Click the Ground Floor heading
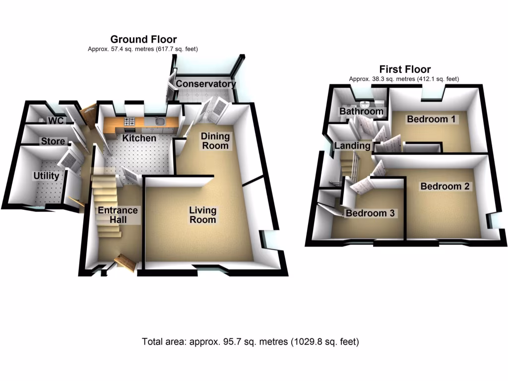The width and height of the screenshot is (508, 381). [x=143, y=39]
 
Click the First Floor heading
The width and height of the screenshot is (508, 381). [x=405, y=69]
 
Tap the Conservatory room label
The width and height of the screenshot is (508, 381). [x=205, y=84]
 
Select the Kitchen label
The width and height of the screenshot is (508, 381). [x=139, y=138]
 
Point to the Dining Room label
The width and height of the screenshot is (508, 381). [x=215, y=140]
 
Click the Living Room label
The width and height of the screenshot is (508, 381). [x=202, y=215]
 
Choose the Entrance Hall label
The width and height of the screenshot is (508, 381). [x=118, y=215]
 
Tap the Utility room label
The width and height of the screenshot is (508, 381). [x=46, y=176]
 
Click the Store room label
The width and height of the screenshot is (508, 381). [x=53, y=141]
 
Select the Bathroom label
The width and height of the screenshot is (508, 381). [x=361, y=112]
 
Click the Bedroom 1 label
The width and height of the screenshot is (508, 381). [x=432, y=119]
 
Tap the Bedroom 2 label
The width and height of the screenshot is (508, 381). [x=444, y=187]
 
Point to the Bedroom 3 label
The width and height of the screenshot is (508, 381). [x=370, y=213]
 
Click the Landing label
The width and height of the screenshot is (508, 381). [x=352, y=146]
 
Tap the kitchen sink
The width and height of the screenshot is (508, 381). [x=160, y=122]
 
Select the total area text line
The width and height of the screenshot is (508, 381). [x=251, y=342]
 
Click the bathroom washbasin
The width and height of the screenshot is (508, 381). [x=366, y=104]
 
